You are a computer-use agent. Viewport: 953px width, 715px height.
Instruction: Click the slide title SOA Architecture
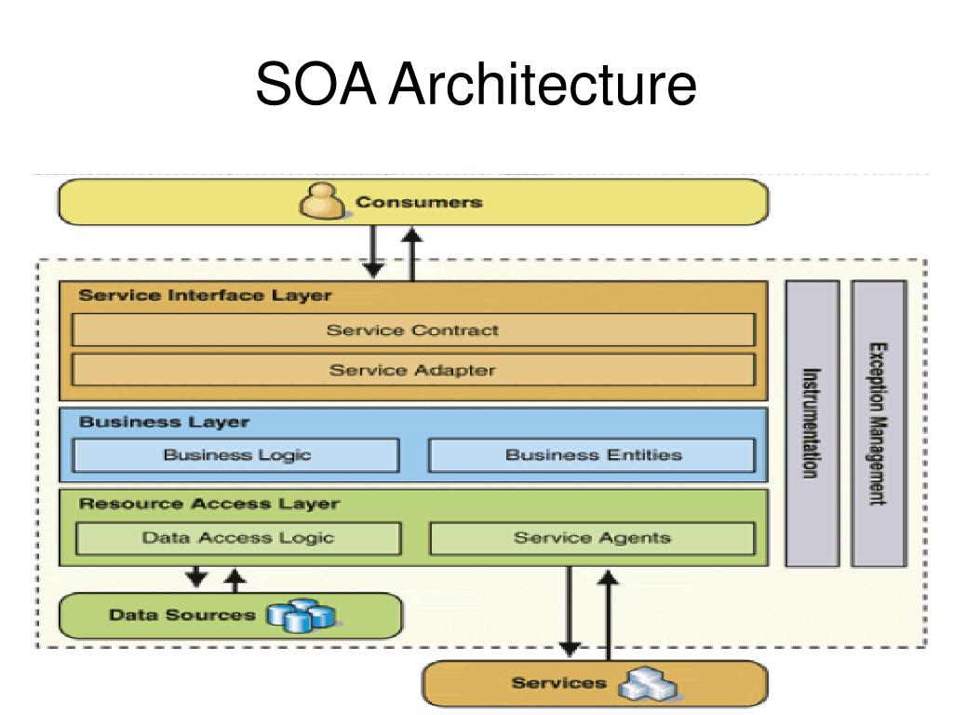(x=476, y=84)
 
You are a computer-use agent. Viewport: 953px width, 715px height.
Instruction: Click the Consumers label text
(x=419, y=202)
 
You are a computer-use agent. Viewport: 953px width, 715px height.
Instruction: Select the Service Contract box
(x=413, y=331)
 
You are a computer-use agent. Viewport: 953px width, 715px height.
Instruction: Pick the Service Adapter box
(x=413, y=370)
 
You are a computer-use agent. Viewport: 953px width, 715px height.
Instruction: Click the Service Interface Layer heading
(x=205, y=295)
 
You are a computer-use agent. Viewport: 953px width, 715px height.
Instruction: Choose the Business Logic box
(x=235, y=454)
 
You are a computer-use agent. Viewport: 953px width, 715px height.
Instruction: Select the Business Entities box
(x=592, y=454)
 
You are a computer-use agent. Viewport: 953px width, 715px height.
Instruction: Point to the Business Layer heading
(x=164, y=422)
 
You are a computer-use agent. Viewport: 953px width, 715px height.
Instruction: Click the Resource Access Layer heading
(x=209, y=504)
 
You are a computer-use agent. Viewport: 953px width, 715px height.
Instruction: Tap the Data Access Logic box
(x=238, y=538)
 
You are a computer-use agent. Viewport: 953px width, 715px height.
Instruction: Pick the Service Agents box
(x=592, y=538)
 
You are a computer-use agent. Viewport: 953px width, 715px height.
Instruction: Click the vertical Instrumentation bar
(x=812, y=424)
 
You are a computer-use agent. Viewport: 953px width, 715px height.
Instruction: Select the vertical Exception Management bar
(x=879, y=424)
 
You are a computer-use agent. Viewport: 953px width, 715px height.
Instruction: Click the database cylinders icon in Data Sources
(x=302, y=616)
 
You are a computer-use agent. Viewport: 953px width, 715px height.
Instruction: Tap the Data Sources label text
(x=182, y=615)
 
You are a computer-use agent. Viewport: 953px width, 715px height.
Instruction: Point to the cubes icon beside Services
(x=648, y=682)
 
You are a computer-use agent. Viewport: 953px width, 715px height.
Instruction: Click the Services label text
(x=559, y=683)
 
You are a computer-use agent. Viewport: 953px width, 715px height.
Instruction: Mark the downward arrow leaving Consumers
(x=372, y=251)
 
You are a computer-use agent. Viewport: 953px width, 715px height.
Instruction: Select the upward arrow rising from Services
(x=608, y=614)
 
